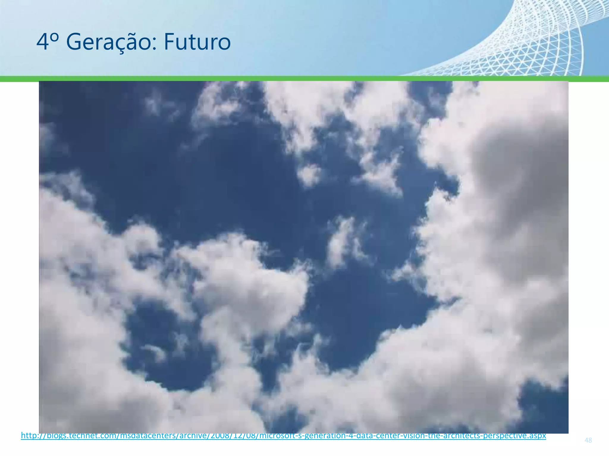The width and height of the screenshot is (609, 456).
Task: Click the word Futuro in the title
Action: (x=197, y=42)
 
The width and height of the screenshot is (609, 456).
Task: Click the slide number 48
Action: (x=588, y=440)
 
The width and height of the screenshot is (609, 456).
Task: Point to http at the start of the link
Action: (x=28, y=436)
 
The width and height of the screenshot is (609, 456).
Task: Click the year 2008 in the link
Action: (x=220, y=436)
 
